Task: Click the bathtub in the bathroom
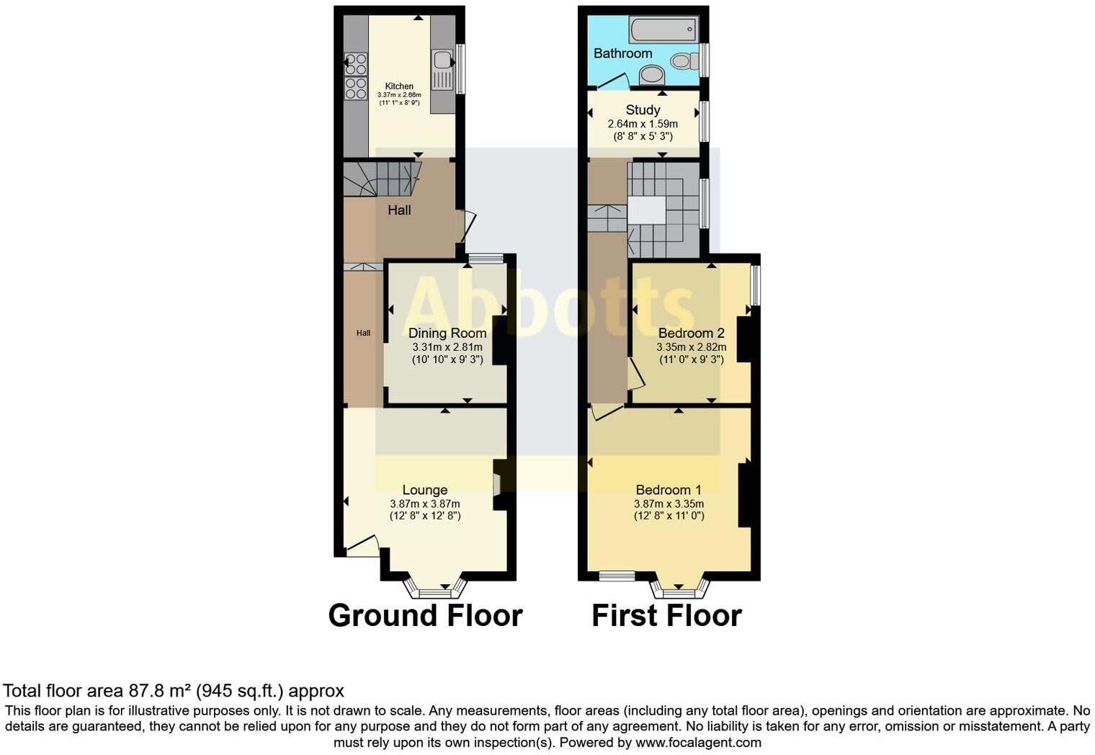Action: coord(663,30)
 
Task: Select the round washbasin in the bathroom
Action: coord(653,74)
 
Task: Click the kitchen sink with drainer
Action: coord(442,71)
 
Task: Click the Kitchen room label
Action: coord(399,86)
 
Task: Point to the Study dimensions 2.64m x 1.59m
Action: coord(643,124)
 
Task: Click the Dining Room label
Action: coord(447,333)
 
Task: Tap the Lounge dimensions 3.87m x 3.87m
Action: coord(424,504)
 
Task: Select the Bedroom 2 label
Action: coord(691,333)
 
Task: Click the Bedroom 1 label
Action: coord(669,490)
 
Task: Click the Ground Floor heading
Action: coord(425,616)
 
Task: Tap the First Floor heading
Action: coord(666,616)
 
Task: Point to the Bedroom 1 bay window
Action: coord(679,591)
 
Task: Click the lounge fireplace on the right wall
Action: coord(497,484)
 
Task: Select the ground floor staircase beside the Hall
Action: coord(380,179)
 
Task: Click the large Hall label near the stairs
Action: coord(399,210)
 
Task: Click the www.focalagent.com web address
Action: coord(698,742)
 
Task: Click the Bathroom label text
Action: coord(622,53)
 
